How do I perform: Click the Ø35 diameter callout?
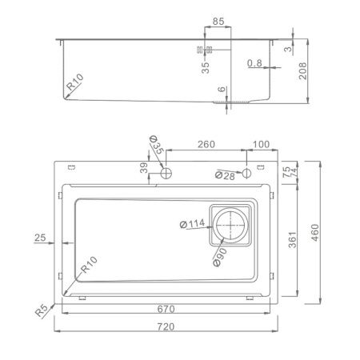pos(156,146)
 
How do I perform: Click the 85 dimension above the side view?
pos(218,23)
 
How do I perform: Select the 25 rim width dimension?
pos(42,238)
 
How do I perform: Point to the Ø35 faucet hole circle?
pos(167,173)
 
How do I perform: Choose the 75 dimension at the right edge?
pos(286,169)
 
